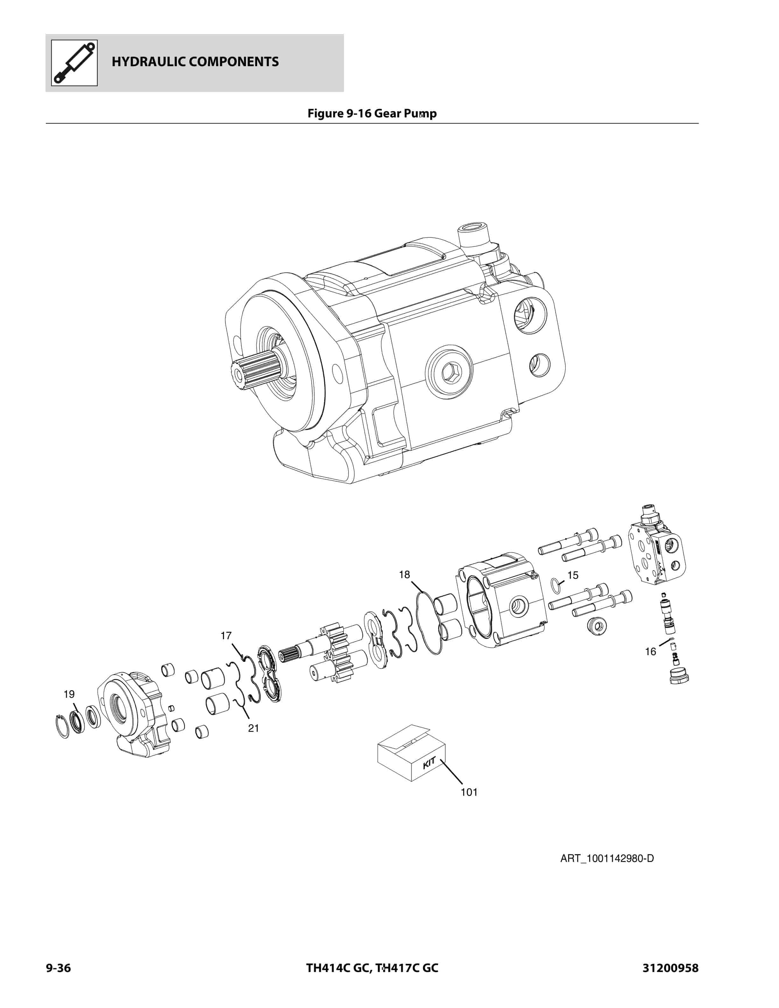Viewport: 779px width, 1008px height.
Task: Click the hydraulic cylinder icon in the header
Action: click(x=74, y=63)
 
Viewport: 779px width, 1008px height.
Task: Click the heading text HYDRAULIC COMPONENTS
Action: click(x=195, y=62)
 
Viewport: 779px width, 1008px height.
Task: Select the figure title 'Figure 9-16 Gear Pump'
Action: click(x=372, y=114)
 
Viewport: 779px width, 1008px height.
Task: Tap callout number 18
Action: click(x=404, y=575)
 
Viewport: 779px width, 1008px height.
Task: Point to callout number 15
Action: click(x=573, y=575)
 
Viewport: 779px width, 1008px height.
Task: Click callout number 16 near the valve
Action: click(x=650, y=652)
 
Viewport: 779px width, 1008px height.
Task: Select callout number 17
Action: click(x=226, y=635)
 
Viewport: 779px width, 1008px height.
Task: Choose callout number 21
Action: click(x=253, y=728)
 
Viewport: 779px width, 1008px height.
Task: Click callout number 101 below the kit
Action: click(x=469, y=792)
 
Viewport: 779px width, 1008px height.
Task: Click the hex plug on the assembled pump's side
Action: click(x=449, y=372)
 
